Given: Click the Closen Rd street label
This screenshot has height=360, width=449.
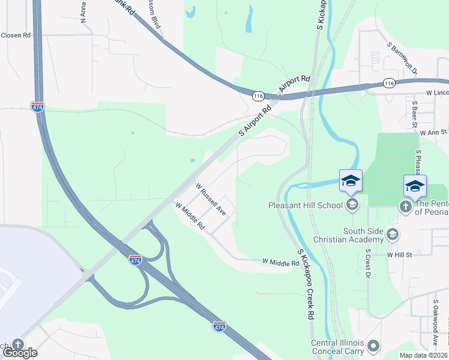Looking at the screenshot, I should click(x=16, y=35).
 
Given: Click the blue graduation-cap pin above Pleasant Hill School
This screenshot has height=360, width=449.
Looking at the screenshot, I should click(x=351, y=180).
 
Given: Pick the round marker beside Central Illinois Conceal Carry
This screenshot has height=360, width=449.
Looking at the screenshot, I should click(x=373, y=346).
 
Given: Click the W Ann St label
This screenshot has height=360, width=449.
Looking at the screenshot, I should click(x=433, y=133).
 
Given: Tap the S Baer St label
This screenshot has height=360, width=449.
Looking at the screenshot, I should click(x=414, y=115).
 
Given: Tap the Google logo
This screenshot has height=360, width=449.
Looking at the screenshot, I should click(x=20, y=353).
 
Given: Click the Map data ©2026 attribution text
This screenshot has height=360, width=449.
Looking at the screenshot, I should click(x=424, y=355).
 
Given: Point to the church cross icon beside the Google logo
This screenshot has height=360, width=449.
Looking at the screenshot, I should click(x=17, y=344).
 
